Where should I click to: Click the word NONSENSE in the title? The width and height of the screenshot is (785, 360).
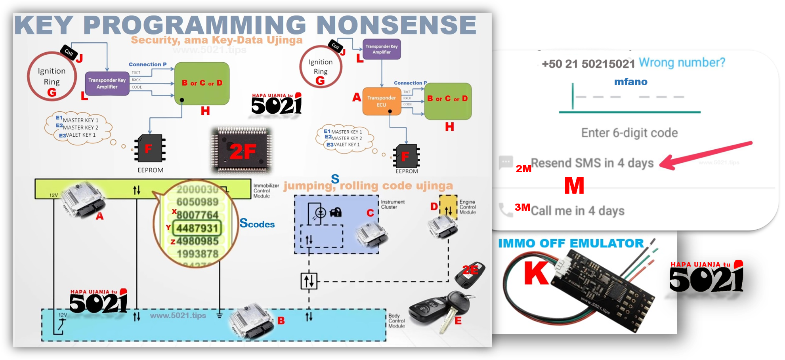click(396, 25)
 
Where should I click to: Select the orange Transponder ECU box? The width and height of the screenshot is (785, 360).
click(381, 101)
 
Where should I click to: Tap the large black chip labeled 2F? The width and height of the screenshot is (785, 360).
click(242, 150)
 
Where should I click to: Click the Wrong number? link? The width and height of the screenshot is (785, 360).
click(682, 63)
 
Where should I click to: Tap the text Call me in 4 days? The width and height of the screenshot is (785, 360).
click(577, 211)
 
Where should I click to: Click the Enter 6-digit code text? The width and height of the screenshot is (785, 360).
click(629, 133)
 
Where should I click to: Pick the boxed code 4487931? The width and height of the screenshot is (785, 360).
click(197, 228)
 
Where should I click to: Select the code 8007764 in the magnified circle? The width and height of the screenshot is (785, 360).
click(197, 215)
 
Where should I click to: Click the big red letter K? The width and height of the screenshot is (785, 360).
click(536, 273)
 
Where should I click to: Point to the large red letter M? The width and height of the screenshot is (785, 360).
click(574, 185)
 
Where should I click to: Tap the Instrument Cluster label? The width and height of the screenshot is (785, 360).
click(392, 204)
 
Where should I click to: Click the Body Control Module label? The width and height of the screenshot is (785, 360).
click(396, 321)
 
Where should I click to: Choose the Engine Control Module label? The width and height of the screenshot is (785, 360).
click(468, 207)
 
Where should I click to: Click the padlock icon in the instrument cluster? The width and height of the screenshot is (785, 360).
click(336, 212)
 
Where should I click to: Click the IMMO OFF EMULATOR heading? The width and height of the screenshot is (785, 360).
click(571, 243)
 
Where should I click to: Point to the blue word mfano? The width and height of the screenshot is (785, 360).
click(630, 82)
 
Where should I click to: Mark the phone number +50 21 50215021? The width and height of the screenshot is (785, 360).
click(588, 64)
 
